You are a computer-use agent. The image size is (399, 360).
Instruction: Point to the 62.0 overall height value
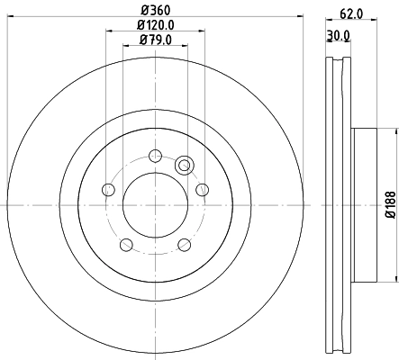click(x=350, y=13)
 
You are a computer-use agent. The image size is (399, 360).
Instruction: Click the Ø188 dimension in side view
click(x=390, y=206)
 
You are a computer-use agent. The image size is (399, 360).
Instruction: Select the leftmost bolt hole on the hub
click(x=108, y=189)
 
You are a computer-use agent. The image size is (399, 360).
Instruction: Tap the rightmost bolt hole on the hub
click(x=202, y=189)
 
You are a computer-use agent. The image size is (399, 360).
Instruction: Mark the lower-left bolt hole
click(x=126, y=244)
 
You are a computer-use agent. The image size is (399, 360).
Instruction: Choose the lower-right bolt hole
click(x=184, y=244)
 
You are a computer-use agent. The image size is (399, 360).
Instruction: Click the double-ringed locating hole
click(x=185, y=165)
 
